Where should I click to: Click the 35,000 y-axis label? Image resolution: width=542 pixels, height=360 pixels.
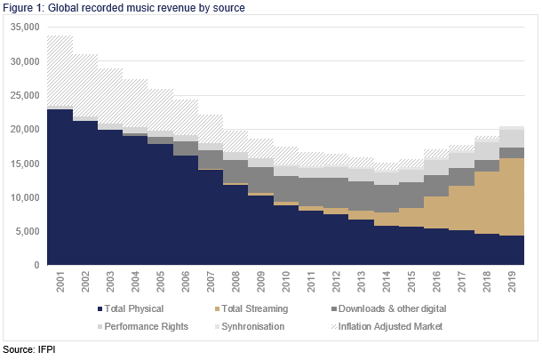pos(25,28)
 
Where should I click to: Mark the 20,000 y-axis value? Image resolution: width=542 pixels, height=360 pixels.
pos(25,130)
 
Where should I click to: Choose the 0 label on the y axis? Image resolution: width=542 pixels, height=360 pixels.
pos(37,265)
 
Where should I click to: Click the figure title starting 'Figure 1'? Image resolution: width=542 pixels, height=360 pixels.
pos(124,8)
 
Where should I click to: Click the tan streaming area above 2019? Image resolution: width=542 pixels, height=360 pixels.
pos(513,196)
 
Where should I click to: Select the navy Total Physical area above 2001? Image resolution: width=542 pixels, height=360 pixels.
pos(60,187)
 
